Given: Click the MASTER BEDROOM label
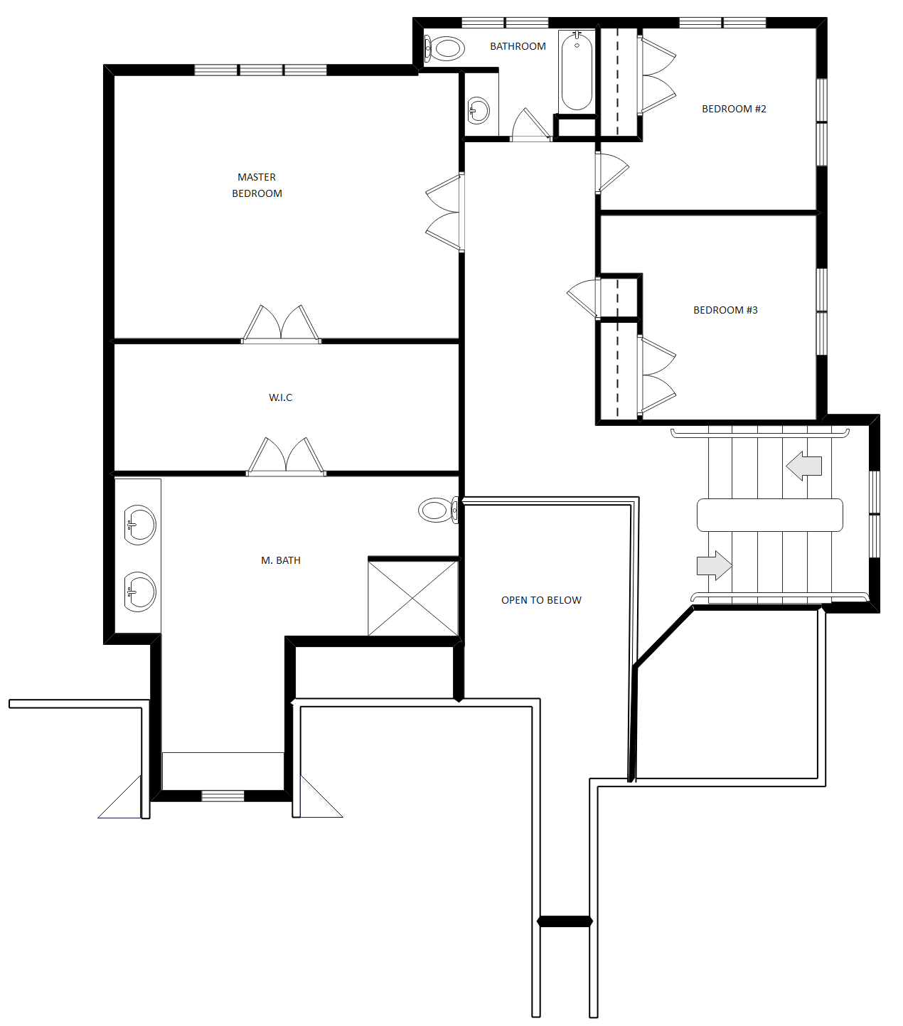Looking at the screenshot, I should pos(257,185).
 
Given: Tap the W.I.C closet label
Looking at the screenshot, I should pos(280,397).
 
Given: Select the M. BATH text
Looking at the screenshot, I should pos(280,560).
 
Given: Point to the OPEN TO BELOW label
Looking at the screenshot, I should pos(541,600).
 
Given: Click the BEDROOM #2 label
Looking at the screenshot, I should pos(734,109).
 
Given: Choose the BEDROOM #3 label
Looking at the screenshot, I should pos(725,310).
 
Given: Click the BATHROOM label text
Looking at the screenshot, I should pos(518,46).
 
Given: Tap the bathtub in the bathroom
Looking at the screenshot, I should pos(577,71).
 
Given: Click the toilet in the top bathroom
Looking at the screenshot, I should pos(445,48).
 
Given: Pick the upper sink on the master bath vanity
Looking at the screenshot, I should pos(140,525).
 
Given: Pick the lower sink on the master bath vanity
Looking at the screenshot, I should pos(140,592).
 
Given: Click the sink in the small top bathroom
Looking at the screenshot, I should pos(479,111).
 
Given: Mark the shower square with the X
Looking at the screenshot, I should pos(413,598).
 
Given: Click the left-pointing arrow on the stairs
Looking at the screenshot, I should pos(804,466).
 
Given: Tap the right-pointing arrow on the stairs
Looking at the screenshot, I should pos(715,565).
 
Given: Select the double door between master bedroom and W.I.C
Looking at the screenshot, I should pos(282,326).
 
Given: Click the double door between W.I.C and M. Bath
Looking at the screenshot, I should pos(286,457).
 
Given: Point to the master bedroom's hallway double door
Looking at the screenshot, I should pos(444,213).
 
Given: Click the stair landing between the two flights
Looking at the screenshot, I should pos(769,515).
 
